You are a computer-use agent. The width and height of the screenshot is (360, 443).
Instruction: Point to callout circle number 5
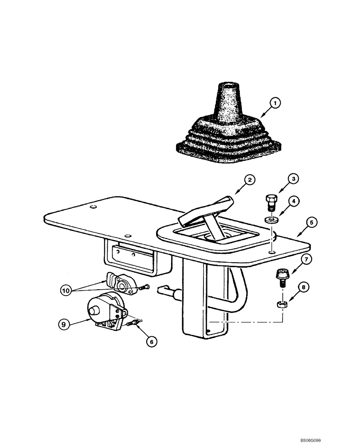[x=312, y=223]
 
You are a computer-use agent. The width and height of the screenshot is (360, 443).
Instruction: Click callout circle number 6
[x=151, y=341]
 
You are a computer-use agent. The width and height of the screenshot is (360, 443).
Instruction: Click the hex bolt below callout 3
[x=271, y=202]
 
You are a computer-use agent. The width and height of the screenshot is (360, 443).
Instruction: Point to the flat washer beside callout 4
[x=270, y=218]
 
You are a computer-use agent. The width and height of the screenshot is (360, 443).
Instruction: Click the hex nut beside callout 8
[x=281, y=304]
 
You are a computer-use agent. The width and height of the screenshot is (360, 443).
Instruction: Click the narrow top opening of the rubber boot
[x=231, y=83]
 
